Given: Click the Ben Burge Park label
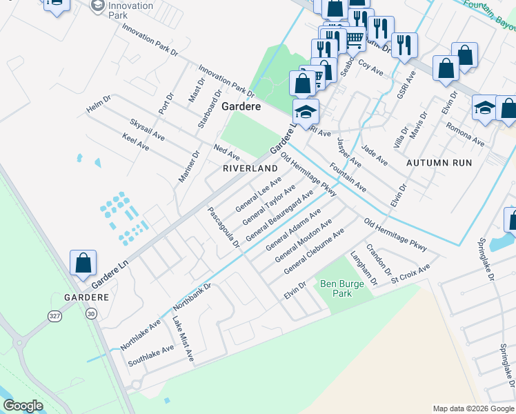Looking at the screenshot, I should pos(336,288).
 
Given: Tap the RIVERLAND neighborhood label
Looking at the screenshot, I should pos(250,168).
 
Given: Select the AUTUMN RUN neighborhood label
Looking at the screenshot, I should pos(439,163).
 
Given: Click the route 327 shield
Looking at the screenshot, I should pos(55,315).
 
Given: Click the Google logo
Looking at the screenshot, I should pos(23,406).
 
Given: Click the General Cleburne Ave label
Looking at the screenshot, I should pos(314,251).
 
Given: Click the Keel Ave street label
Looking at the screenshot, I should pos(135,141).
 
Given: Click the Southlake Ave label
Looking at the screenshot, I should pos(151,355).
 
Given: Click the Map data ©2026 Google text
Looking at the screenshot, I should pos(473,408).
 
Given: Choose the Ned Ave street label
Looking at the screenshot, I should pos(226,151).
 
